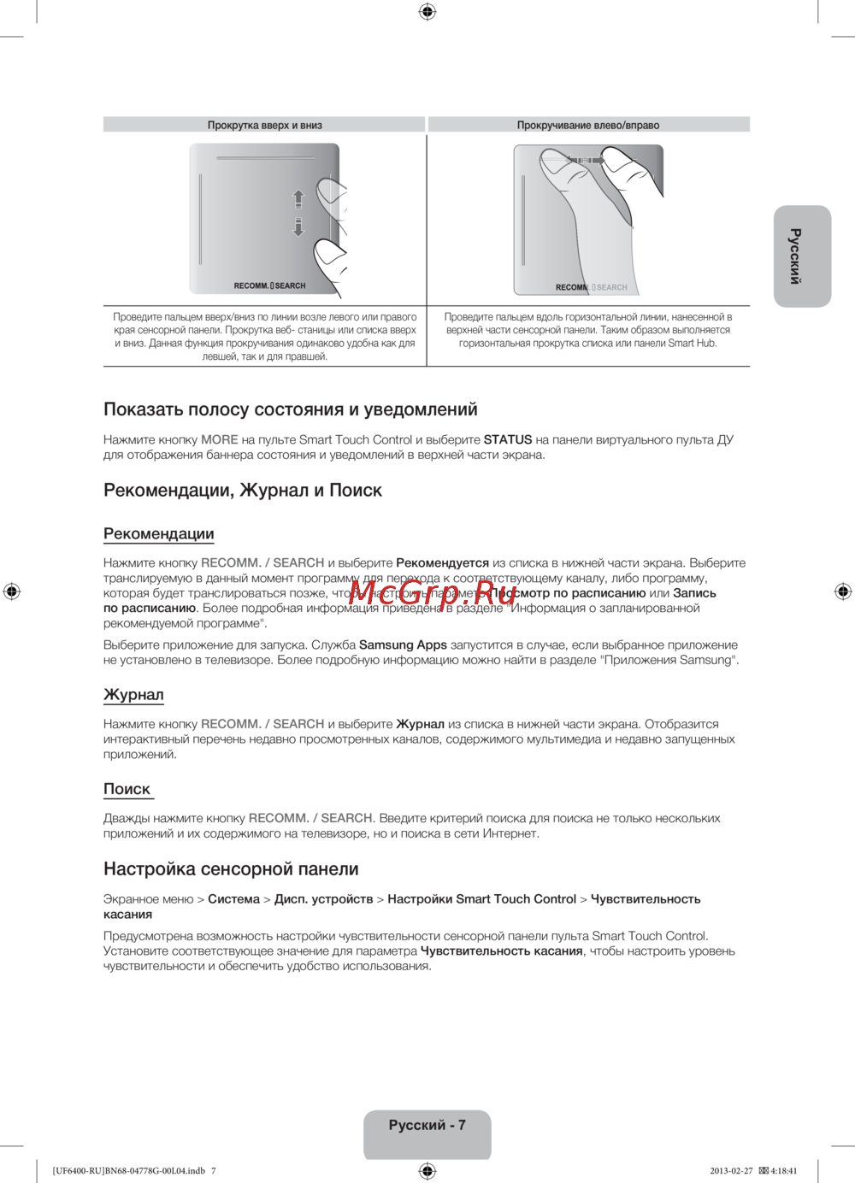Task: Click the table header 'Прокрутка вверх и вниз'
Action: (264, 125)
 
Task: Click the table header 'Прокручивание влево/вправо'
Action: (588, 125)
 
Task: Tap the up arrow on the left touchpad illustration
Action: (298, 198)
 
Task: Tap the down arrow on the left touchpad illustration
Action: (298, 227)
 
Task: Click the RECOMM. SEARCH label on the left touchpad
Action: (269, 285)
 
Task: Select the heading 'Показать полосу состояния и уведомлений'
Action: (291, 409)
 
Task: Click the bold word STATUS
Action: (508, 439)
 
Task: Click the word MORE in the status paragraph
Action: (220, 439)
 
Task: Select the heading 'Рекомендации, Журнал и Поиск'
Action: (243, 490)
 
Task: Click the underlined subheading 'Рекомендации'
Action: (159, 533)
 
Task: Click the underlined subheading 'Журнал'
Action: (133, 694)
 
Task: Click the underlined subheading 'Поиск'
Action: (127, 789)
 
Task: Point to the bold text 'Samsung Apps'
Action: (403, 644)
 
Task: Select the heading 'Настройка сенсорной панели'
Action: (231, 868)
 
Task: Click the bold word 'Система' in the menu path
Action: (233, 898)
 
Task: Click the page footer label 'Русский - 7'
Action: (427, 1125)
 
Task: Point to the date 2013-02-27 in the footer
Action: (731, 1170)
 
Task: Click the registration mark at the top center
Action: (427, 11)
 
